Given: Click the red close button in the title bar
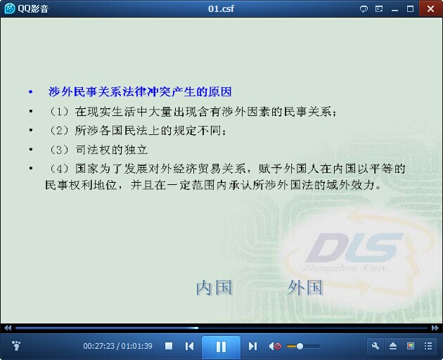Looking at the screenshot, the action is (430, 8).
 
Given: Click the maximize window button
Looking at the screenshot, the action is (410, 8).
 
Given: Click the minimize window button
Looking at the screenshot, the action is (394, 10).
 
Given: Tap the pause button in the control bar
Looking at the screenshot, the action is (221, 347).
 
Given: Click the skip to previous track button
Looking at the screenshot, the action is (189, 346).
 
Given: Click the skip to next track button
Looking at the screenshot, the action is (252, 346).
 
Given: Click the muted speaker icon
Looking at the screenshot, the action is (275, 346).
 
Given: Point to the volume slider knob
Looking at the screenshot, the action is (300, 346).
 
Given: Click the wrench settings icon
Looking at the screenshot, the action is (375, 346).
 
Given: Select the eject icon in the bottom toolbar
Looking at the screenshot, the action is (393, 346).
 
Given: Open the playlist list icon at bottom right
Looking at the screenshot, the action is (428, 346).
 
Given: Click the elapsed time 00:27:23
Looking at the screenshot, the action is (98, 346).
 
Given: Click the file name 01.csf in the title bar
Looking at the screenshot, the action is (221, 8).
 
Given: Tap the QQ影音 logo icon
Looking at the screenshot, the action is (10, 8).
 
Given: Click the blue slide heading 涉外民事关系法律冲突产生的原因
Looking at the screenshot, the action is (140, 92).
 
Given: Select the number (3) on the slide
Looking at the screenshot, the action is (59, 150).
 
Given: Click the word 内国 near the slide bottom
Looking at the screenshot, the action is (214, 288).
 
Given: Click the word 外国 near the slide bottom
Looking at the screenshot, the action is (305, 288).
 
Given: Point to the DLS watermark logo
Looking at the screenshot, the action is (353, 247).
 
